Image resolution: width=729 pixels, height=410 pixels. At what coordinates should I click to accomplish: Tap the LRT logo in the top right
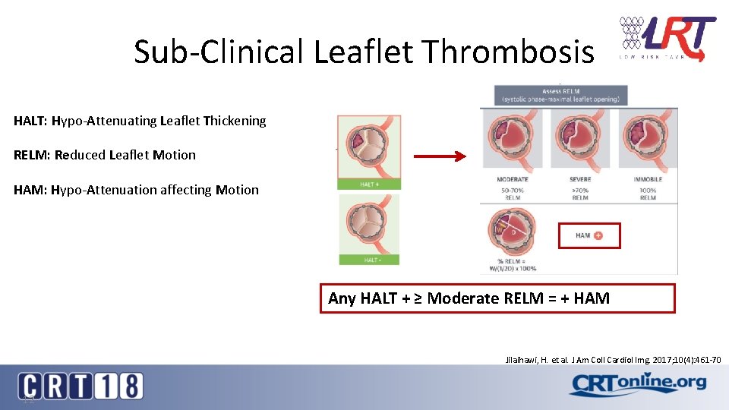point(667,39)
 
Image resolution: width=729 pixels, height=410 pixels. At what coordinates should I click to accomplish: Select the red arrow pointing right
point(439,157)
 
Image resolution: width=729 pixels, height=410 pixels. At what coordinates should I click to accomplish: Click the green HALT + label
point(369,184)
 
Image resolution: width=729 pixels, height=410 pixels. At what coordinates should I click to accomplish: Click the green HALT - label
point(369,260)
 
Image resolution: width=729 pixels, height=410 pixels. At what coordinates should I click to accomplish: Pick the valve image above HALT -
point(369,223)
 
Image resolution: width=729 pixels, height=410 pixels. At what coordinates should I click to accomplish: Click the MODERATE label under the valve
point(513,180)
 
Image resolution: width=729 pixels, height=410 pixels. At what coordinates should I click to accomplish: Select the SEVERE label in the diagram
point(580,180)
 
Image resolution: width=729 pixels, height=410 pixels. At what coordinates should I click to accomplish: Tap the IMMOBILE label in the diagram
point(648,180)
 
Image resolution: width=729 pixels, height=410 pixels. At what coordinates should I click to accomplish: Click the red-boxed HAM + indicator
point(589,235)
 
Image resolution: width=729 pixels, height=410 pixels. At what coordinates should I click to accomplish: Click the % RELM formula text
point(513,265)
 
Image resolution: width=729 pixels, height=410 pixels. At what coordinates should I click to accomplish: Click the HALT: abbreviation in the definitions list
point(30,121)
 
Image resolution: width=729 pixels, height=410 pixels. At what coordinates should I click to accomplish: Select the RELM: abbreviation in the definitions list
point(30,155)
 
